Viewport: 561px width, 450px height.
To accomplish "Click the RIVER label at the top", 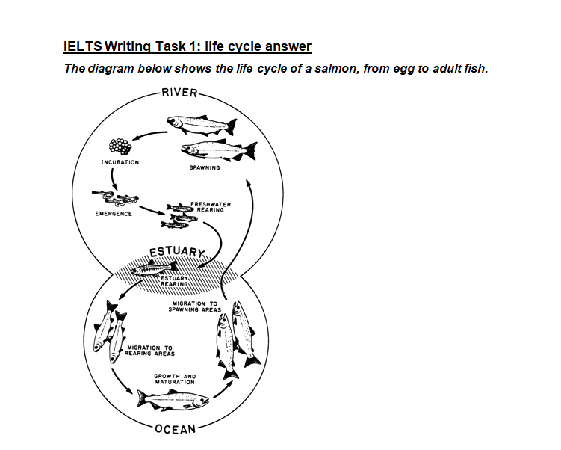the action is click(179, 93).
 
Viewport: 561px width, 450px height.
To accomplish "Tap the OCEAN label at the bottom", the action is click(176, 428).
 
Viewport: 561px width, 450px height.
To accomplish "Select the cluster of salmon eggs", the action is click(120, 146).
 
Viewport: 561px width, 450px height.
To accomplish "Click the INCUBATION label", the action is click(120, 162).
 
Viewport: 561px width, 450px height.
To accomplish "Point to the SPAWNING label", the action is click(205, 167).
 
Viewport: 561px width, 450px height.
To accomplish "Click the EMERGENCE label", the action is click(114, 214).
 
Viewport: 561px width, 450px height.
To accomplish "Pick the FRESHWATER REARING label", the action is click(211, 207).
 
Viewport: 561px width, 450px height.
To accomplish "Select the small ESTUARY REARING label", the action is click(174, 281).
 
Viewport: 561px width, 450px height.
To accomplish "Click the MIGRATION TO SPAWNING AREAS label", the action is click(195, 306).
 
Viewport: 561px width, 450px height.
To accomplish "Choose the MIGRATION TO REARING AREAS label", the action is click(149, 351).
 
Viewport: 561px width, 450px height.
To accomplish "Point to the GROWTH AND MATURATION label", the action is click(175, 379).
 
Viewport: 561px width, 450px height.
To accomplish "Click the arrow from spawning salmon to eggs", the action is click(149, 135).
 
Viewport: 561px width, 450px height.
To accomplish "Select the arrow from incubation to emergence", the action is click(114, 179).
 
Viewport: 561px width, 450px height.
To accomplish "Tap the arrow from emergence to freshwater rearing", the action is click(152, 211).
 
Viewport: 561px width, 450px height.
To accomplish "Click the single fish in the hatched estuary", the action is click(154, 268).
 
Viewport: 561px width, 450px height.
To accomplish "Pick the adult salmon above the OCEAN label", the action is click(172, 400).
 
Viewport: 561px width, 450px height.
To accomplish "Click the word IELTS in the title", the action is click(83, 46).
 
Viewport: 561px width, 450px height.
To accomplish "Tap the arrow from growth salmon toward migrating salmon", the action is click(223, 389).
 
